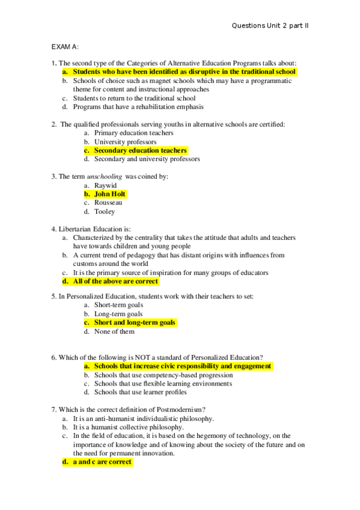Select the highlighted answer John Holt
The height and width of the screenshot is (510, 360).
[x=110, y=194]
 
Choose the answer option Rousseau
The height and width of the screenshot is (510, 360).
[x=108, y=203]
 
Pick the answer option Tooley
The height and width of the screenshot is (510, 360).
[x=105, y=212]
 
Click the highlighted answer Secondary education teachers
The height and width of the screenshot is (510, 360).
[x=140, y=150]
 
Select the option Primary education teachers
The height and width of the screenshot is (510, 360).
[x=133, y=133]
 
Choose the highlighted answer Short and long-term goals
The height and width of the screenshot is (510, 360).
[x=135, y=322]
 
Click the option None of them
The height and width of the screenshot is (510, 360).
[x=114, y=331]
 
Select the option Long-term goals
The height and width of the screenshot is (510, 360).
[x=118, y=314]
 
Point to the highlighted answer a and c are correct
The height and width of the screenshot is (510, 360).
[x=102, y=462]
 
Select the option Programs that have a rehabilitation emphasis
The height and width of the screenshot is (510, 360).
[x=138, y=107]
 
